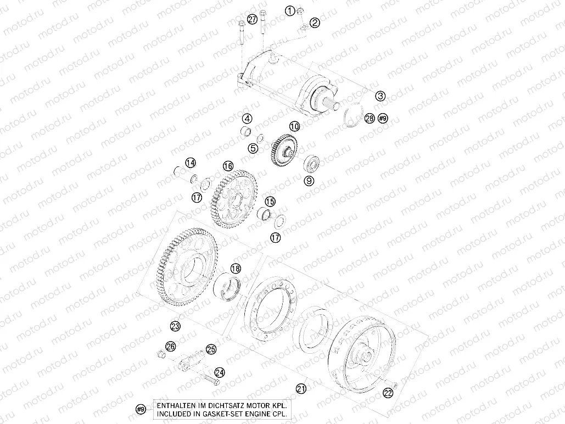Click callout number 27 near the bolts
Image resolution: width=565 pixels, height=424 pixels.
click(x=252, y=19)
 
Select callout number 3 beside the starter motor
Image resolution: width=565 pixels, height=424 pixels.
click(x=380, y=96)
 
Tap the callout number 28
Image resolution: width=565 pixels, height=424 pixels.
click(x=370, y=119)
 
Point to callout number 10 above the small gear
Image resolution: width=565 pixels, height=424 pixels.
click(x=295, y=126)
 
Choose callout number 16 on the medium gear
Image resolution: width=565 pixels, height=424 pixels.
click(x=228, y=165)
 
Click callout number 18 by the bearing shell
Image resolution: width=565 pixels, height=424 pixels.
click(x=235, y=269)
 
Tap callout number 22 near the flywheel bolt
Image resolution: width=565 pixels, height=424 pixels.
click(x=388, y=393)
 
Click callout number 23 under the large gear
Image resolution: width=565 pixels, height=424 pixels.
click(x=175, y=326)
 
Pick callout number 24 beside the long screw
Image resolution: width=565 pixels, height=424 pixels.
click(x=219, y=372)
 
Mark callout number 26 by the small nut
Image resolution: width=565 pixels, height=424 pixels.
click(x=171, y=346)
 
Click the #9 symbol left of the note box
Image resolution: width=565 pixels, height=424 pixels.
click(x=141, y=409)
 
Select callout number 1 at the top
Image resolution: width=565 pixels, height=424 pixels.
click(x=290, y=10)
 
